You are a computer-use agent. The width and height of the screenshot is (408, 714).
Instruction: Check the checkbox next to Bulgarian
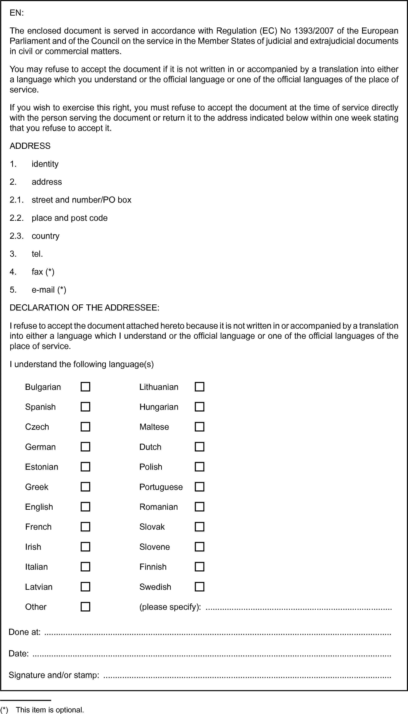[85, 387]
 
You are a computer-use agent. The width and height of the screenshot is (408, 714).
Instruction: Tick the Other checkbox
[85, 607]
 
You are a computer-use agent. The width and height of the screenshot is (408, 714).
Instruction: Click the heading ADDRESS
[30, 146]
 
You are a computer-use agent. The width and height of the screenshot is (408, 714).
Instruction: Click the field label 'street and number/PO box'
[81, 200]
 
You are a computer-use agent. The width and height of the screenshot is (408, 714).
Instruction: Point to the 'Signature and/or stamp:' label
[54, 675]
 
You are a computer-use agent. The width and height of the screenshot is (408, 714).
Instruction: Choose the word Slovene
[154, 547]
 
